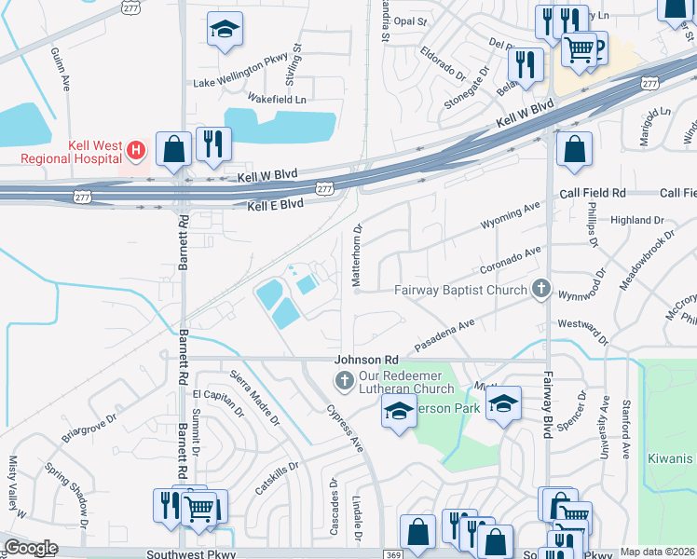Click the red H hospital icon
click(136, 149)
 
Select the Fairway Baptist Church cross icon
click(540, 289)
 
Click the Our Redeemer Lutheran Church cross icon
click(344, 379)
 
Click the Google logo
click(31, 548)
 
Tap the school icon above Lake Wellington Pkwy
click(225, 31)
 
